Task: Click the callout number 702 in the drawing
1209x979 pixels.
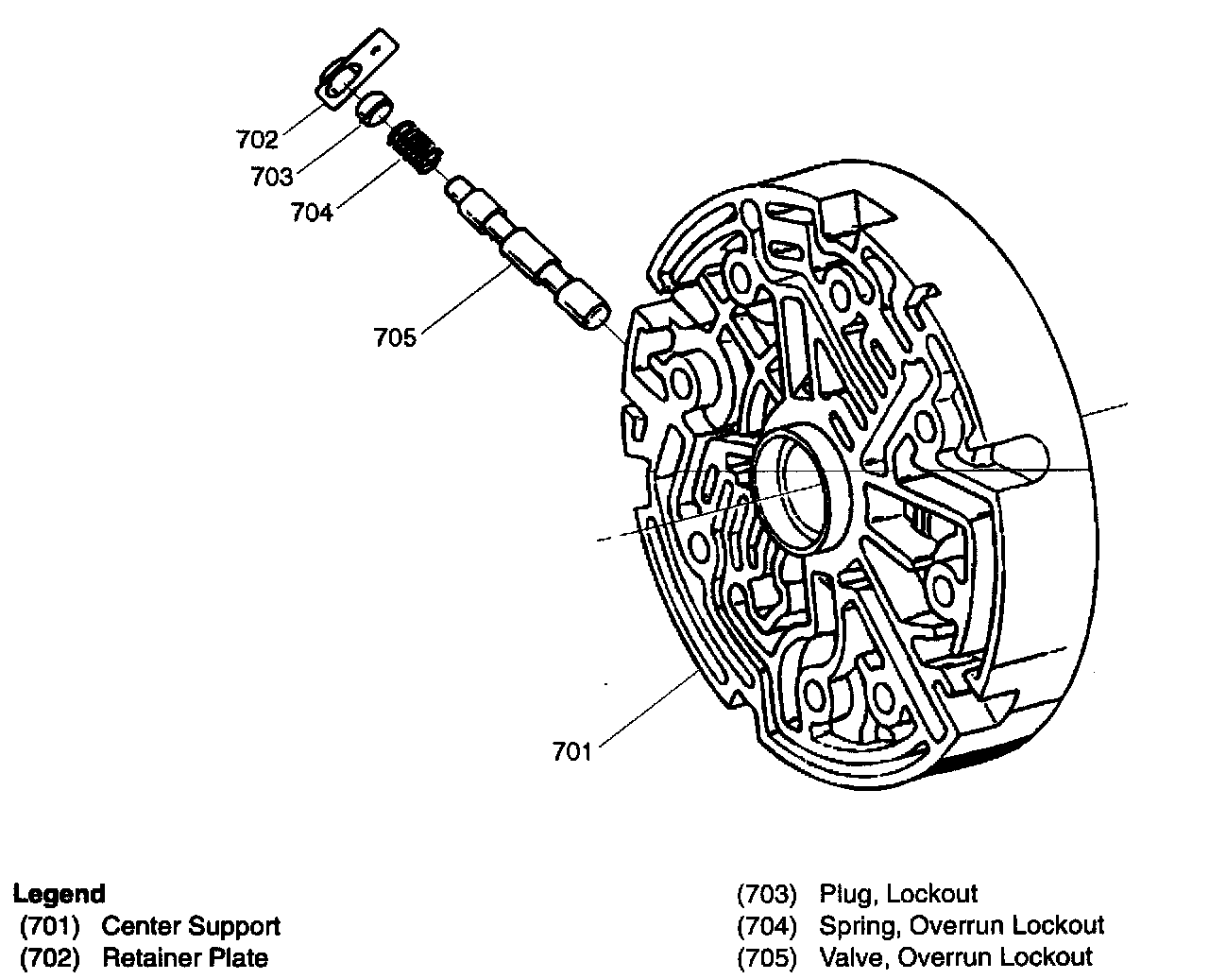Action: [257, 139]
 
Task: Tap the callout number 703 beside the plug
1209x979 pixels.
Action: [272, 176]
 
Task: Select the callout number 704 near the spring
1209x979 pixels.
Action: [312, 213]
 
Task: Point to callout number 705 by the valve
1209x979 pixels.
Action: [395, 337]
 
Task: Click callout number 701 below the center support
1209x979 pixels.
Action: [572, 752]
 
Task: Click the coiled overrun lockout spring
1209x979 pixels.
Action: [415, 147]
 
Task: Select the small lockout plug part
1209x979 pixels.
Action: [375, 109]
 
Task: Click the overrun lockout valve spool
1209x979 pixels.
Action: [528, 253]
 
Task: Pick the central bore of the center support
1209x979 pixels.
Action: [805, 487]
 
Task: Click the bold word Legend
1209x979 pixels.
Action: [59, 894]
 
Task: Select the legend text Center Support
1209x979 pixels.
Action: [191, 926]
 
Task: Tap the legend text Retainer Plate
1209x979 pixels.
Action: [185, 958]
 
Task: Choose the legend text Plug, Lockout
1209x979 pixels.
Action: [898, 894]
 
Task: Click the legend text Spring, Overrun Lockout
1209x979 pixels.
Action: [962, 926]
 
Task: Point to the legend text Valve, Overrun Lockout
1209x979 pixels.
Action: [956, 958]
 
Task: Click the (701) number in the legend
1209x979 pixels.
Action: [50, 926]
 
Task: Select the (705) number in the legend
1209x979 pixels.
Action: [767, 958]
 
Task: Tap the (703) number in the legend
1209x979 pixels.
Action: [767, 894]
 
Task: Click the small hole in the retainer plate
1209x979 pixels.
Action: [375, 50]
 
